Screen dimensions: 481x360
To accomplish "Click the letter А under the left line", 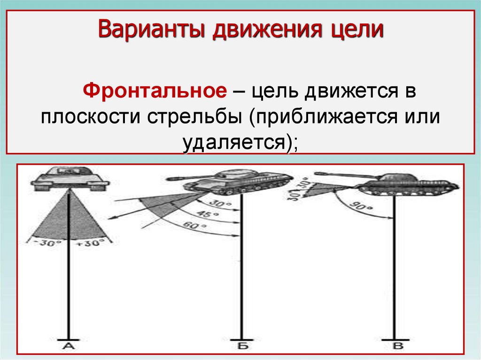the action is pyautogui.click(x=69, y=346).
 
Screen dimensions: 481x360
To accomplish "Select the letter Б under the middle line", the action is pyautogui.click(x=242, y=346).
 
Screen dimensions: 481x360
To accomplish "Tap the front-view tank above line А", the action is pyautogui.click(x=69, y=177).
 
